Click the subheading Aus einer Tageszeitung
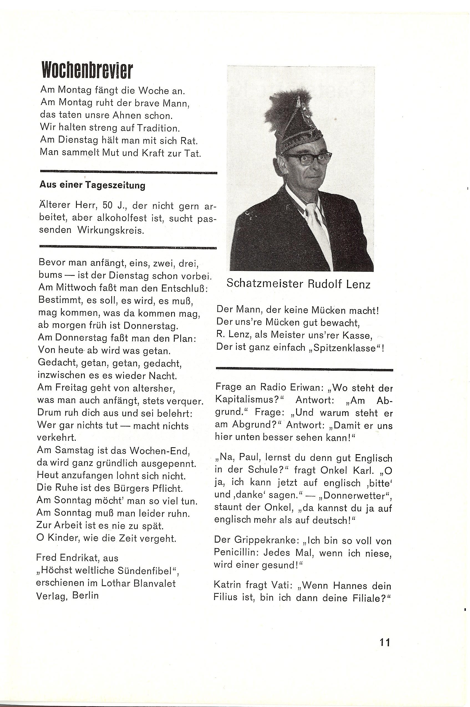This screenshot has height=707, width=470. [92, 185]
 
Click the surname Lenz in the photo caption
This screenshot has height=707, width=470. [359, 284]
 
